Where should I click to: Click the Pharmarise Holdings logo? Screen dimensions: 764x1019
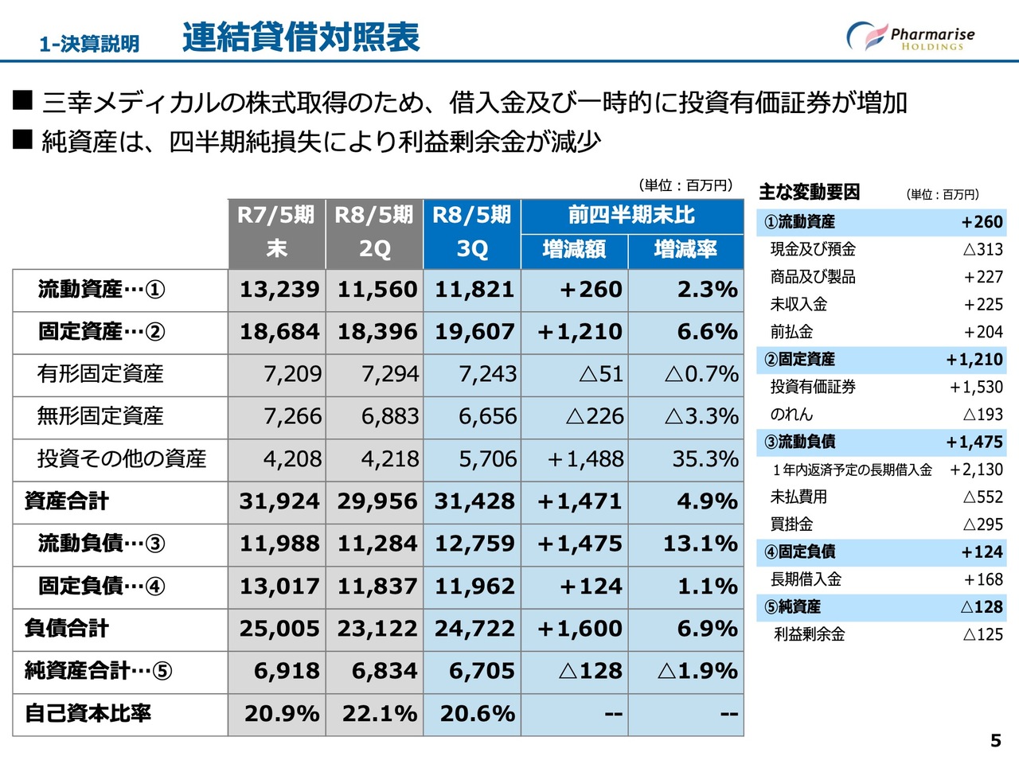coord(910,37)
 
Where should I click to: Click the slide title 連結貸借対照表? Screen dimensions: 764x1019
coord(301,37)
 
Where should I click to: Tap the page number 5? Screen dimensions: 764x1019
coord(995,741)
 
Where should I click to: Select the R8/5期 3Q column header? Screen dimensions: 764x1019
coord(471,232)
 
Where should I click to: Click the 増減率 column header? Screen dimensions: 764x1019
coord(685,250)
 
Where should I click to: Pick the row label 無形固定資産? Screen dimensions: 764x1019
coord(100,416)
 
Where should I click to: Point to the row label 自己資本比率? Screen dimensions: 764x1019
coord(88,713)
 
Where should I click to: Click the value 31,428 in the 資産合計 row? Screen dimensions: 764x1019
coord(474,501)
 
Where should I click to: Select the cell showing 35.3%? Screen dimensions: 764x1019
coord(705,459)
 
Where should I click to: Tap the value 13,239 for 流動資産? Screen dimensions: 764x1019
coord(279,290)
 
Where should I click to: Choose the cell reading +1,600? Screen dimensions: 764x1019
coord(580,629)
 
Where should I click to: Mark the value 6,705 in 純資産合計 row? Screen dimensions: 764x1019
coord(482,671)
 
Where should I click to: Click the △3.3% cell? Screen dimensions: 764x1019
coord(701,416)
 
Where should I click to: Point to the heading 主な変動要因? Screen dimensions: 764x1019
coord(809,193)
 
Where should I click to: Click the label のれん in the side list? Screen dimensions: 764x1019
coord(791,415)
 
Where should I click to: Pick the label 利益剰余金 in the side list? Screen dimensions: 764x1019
coord(809,634)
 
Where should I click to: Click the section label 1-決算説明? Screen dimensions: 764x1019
coord(89,44)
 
